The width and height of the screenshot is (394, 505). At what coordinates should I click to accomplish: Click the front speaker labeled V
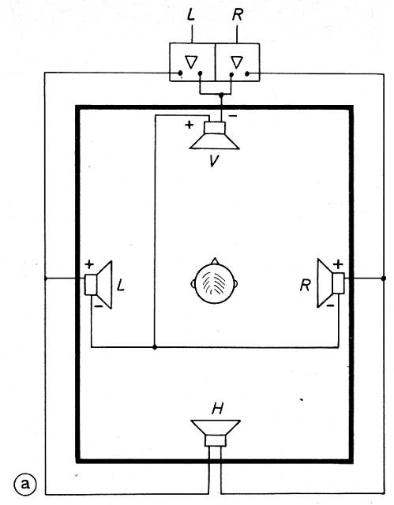pos(215,136)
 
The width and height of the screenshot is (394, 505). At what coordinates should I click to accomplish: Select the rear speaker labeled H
pos(216,432)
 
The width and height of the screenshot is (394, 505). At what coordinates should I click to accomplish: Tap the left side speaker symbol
pos(99,285)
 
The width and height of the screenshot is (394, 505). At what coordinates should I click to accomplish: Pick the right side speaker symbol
pos(331,283)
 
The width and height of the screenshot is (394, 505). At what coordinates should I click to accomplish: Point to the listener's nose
pos(215,261)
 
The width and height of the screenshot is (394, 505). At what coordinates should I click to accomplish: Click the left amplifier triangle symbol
pos(191,62)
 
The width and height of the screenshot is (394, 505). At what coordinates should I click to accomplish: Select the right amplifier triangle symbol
pos(237,62)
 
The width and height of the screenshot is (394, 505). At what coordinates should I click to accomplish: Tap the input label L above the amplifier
pos(191,15)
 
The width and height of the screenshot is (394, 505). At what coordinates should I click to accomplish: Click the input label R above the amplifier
pos(238,15)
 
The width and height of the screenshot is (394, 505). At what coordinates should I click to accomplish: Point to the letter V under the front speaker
pos(214,161)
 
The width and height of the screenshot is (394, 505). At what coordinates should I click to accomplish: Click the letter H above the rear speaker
pos(217,409)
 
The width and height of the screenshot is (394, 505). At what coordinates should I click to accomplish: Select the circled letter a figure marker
pos(25,484)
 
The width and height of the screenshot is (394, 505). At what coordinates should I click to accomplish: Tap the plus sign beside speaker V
pos(189,125)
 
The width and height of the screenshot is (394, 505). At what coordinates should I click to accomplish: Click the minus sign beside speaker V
pos(233,116)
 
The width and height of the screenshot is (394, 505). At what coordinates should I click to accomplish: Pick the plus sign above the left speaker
pos(89,265)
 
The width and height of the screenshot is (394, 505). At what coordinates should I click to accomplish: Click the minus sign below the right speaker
pos(330,305)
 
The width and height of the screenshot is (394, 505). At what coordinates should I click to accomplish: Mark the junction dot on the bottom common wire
pos(155,347)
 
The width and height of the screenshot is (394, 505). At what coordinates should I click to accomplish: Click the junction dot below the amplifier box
pos(221,95)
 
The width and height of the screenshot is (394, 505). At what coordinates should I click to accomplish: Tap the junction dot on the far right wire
pos(384,279)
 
